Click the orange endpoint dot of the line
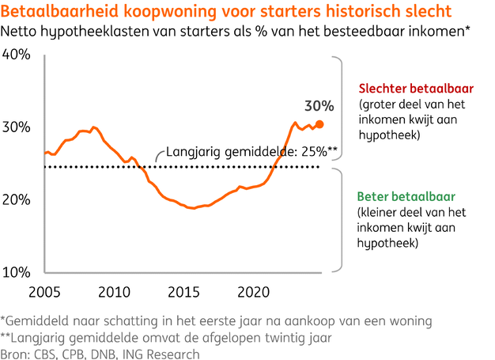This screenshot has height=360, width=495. (319, 123)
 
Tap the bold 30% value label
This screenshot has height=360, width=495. (319, 106)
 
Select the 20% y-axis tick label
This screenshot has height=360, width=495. (17, 199)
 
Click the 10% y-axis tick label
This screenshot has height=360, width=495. (17, 272)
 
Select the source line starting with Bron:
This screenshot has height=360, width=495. (100, 352)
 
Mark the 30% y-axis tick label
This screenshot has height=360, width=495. (17, 127)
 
